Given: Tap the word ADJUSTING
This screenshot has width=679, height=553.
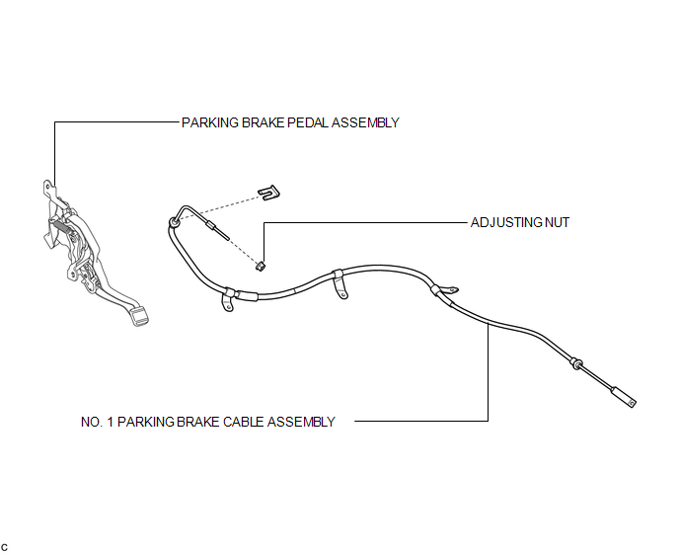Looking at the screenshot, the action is point(506,222).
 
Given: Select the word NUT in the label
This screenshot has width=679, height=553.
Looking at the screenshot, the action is point(557,222).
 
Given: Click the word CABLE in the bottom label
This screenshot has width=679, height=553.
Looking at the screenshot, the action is point(244,422).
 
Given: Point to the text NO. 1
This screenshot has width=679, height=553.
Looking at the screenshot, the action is point(97,422).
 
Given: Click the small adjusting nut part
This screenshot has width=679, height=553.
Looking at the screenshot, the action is point(261,266).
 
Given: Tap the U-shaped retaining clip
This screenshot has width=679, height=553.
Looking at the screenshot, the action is point(268,193).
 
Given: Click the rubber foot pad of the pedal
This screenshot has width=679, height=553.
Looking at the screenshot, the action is point(139,316).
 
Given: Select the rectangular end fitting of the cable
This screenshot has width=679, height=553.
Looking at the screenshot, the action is point(623,397).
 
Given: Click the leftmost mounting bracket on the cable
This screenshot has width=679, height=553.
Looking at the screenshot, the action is point(228,300).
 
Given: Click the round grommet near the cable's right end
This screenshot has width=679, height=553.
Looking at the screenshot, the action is point(576,363).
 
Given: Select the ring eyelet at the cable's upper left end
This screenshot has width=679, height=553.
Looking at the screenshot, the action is point(174,223).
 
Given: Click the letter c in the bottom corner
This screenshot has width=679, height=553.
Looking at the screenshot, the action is point(4,548).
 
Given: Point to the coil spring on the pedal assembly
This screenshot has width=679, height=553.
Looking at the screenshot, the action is point(59,227).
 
